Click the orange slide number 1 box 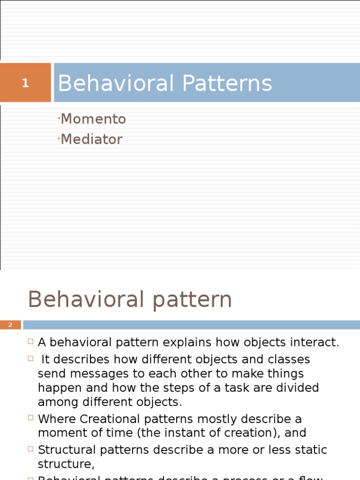(x=25, y=83)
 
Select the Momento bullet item (x=93, y=119)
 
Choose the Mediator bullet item (x=91, y=139)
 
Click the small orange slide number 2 (x=10, y=325)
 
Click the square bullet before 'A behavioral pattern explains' (x=30, y=342)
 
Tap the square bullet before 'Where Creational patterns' (x=30, y=418)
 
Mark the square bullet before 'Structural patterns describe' (x=30, y=449)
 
